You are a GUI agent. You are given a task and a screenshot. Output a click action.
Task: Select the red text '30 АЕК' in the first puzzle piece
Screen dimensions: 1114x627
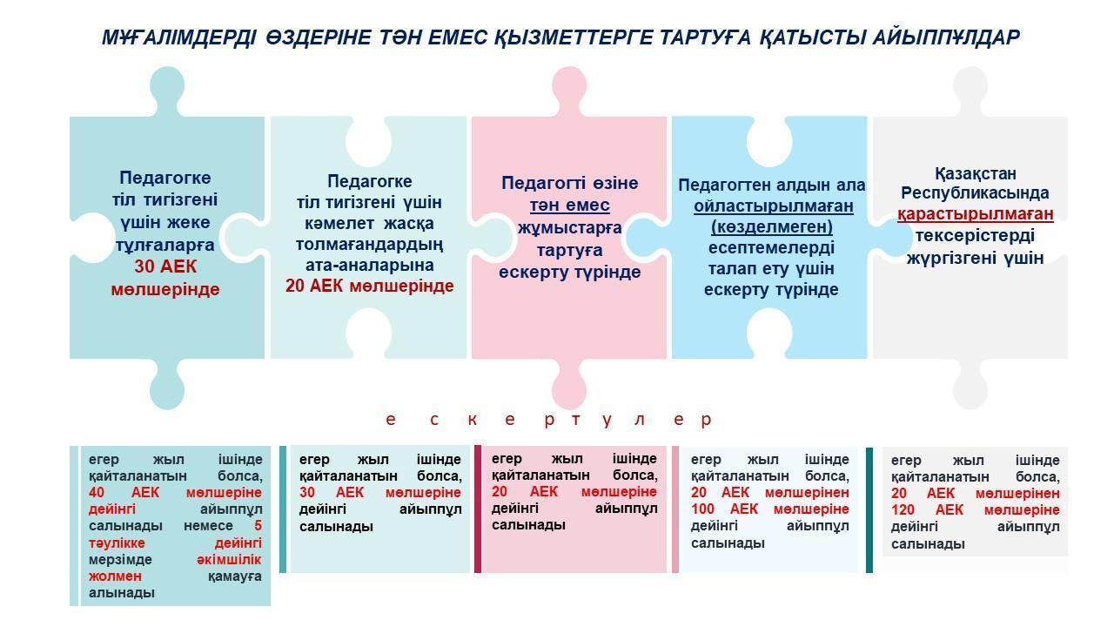click(x=165, y=266)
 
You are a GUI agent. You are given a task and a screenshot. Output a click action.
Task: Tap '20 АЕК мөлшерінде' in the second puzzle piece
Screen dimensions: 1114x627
click(x=370, y=287)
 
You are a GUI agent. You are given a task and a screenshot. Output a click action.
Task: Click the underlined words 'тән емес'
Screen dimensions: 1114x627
click(x=569, y=205)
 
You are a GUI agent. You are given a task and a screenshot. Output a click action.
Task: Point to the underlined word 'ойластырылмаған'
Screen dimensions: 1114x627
click(x=774, y=206)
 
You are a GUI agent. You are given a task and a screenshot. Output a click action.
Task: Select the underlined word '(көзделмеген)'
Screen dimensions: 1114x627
click(x=772, y=227)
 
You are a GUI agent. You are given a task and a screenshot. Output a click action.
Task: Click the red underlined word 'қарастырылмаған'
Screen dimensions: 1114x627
click(x=976, y=214)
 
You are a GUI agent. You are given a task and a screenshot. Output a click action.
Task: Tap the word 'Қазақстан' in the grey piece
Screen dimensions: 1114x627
click(x=976, y=173)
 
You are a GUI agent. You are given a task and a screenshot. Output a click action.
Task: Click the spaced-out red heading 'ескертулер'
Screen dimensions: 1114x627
click(x=549, y=420)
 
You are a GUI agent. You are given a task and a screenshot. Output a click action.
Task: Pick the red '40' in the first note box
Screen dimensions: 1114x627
click(x=97, y=493)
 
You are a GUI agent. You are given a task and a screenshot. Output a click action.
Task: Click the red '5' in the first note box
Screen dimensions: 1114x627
click(x=258, y=525)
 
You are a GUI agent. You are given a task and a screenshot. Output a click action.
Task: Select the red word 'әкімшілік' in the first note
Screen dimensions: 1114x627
click(x=229, y=559)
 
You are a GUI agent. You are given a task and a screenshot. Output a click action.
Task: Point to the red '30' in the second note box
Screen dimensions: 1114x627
click(x=307, y=493)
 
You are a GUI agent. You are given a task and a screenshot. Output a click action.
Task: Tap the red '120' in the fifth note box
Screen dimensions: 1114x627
click(x=903, y=510)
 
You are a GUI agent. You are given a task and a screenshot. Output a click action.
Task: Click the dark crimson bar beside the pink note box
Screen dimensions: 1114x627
click(x=478, y=509)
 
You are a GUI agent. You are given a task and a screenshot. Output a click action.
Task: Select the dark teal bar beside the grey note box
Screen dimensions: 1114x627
click(x=869, y=510)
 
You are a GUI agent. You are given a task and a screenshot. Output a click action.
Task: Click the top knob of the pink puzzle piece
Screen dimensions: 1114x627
click(x=569, y=90)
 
